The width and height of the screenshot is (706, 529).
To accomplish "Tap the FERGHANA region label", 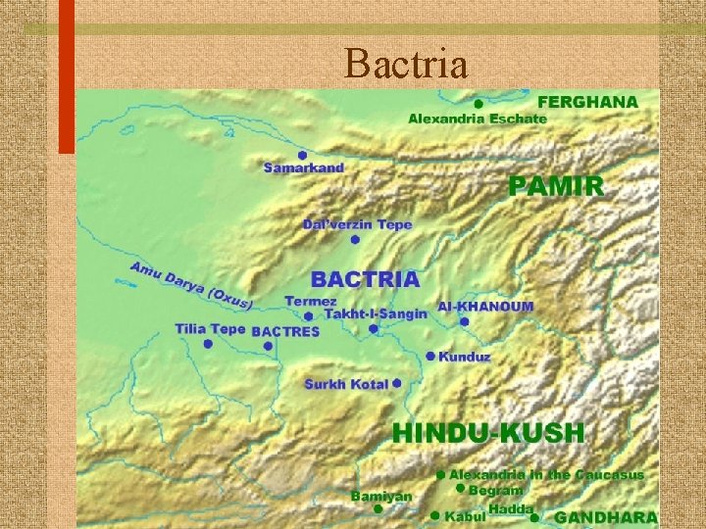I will click(x=586, y=101).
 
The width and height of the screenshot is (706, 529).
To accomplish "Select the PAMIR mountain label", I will click(x=556, y=186).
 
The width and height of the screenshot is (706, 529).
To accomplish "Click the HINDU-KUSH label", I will click(x=488, y=432).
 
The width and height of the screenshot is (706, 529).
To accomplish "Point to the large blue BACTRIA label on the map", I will click(x=366, y=279).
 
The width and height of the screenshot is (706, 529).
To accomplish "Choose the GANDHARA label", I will click(x=605, y=516).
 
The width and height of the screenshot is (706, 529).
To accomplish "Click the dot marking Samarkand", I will click(x=303, y=155).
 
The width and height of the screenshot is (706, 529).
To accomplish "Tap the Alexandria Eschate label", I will click(x=478, y=119).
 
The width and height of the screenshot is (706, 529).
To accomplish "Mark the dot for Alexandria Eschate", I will click(x=478, y=103).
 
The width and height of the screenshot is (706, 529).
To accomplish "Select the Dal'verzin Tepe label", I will click(x=357, y=224).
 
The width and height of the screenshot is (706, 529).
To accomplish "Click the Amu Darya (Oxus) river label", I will click(x=191, y=284).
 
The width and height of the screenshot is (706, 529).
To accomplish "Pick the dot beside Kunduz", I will click(x=430, y=356).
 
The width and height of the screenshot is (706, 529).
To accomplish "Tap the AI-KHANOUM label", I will click(x=485, y=306).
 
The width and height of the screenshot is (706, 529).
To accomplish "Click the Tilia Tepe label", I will click(x=210, y=329).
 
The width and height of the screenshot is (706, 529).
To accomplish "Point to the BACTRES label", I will click(x=285, y=332).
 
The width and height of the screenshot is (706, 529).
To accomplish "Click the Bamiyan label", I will click(x=382, y=497).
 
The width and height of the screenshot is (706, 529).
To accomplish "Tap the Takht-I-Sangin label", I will click(x=376, y=314).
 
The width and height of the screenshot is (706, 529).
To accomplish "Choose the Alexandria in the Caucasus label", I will click(x=547, y=474).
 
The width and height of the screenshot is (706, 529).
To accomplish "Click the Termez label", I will click(x=311, y=301).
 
